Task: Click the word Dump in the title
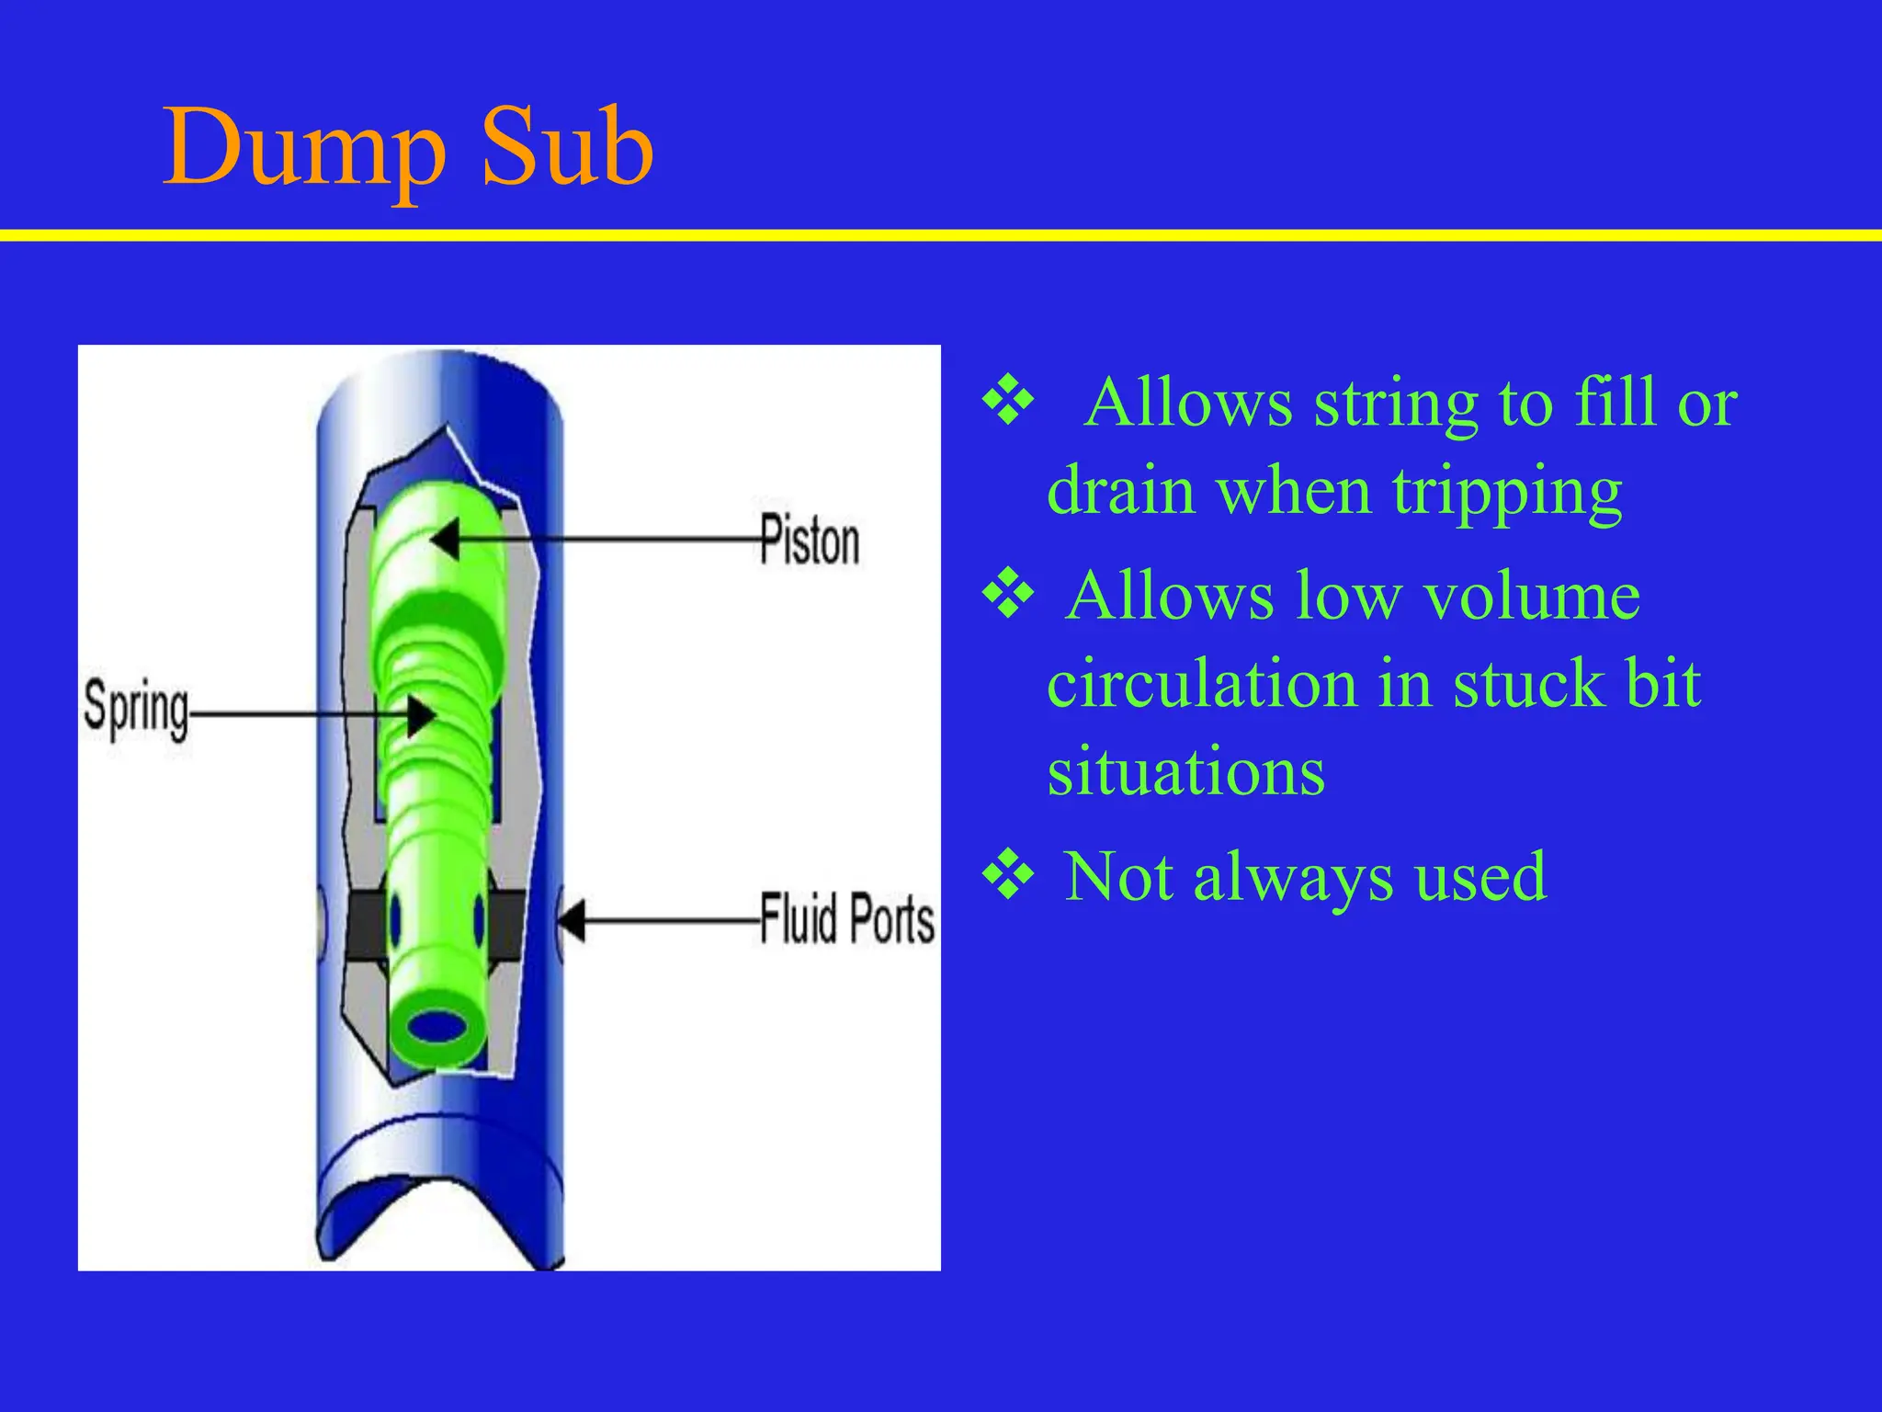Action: pos(303,147)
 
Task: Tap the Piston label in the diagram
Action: pos(810,541)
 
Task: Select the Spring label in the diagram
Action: pos(136,709)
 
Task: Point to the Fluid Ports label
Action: pos(846,918)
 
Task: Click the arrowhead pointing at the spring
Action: pos(422,715)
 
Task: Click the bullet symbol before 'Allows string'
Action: pos(1008,401)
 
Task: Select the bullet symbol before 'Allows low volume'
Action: pos(1008,595)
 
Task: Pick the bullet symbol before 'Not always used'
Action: pos(1008,875)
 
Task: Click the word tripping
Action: pos(1507,493)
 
